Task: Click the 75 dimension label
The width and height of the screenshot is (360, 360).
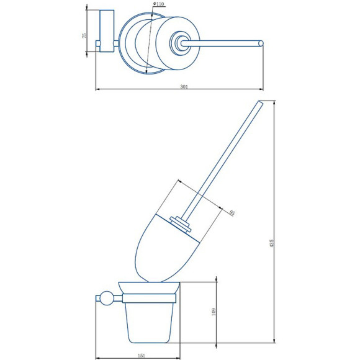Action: [84, 36]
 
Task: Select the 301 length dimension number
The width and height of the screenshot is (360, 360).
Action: [183, 87]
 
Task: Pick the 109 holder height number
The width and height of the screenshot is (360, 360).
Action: [213, 312]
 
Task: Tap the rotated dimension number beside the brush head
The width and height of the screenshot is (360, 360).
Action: [232, 212]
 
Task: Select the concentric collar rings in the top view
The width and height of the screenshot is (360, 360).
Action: [179, 43]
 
